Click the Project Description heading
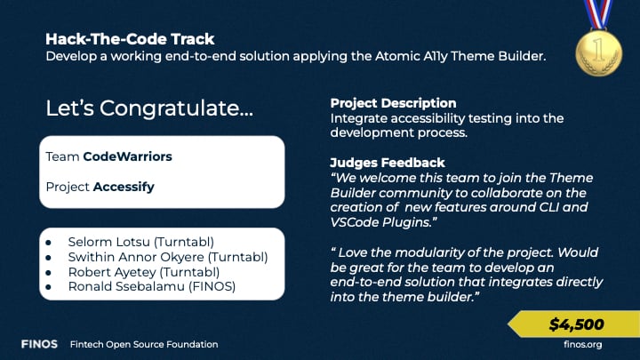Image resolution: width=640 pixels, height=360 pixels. click(x=392, y=103)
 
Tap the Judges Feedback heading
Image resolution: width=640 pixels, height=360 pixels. click(x=388, y=163)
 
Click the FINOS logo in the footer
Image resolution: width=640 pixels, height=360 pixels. click(x=41, y=344)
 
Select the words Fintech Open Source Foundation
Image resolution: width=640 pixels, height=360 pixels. click(x=144, y=344)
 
